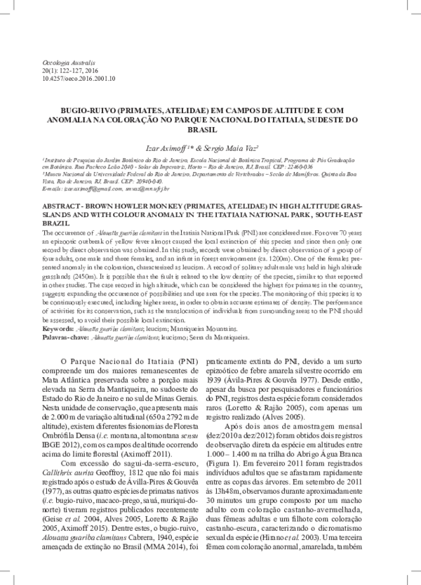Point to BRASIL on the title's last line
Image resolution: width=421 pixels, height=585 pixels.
click(210, 130)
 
